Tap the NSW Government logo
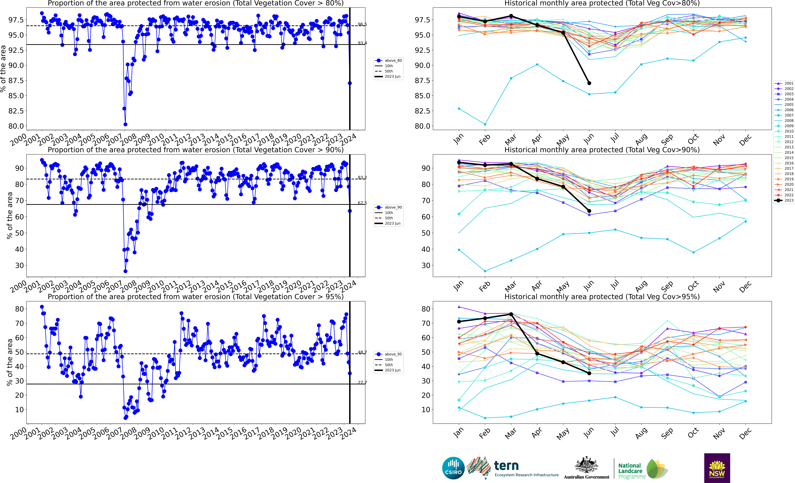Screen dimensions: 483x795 [717, 468]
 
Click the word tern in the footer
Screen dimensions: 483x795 [506, 466]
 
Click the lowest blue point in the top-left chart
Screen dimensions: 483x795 [126, 124]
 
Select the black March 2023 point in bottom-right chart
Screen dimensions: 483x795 [511, 314]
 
